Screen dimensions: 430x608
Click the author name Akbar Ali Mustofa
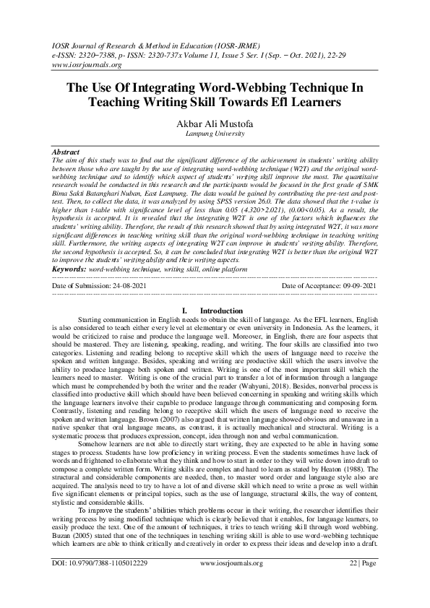(215, 123)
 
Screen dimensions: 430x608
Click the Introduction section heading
(215, 310)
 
